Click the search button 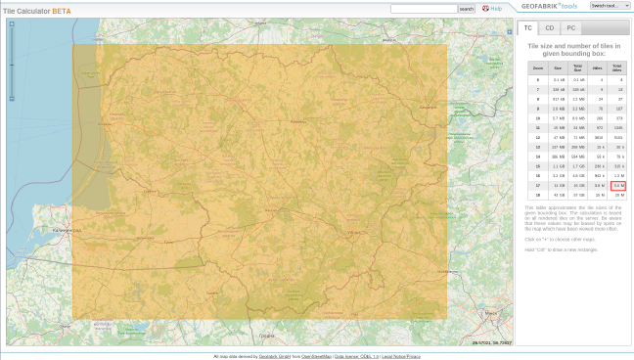point(466,9)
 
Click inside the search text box point(423,9)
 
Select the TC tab point(528,28)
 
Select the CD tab point(550,28)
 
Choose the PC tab point(571,28)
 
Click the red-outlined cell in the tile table point(617,184)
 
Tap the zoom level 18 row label point(537,195)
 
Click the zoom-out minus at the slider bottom point(12,98)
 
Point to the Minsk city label point(489,313)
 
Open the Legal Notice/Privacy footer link point(401,356)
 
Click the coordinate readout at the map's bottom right point(491,343)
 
